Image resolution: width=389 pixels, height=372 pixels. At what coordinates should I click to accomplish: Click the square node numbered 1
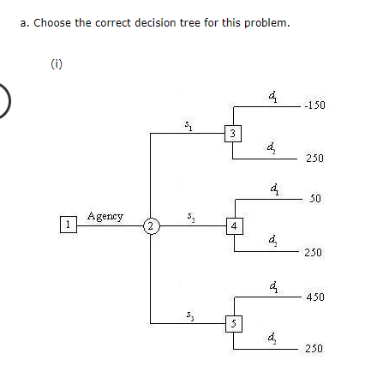pyautogui.click(x=65, y=225)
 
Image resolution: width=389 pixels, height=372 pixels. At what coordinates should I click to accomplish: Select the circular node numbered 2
pyautogui.click(x=150, y=226)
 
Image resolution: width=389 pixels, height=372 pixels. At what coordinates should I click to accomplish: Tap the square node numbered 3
pyautogui.click(x=231, y=132)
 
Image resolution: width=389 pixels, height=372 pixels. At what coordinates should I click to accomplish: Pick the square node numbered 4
pyautogui.click(x=233, y=226)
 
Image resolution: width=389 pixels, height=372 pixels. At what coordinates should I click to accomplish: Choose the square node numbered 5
pyautogui.click(x=231, y=322)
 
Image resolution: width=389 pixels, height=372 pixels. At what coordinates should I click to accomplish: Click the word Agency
pyautogui.click(x=105, y=216)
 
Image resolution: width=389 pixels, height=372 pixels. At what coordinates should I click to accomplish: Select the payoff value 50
pyautogui.click(x=315, y=199)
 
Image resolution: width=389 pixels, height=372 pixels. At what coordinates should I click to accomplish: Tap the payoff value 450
pyautogui.click(x=314, y=297)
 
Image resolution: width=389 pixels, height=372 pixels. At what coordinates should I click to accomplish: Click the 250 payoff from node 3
pyautogui.click(x=314, y=159)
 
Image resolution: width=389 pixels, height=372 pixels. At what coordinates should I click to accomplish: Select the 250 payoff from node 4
pyautogui.click(x=314, y=254)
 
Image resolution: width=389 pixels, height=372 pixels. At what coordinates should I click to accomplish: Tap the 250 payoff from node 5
pyautogui.click(x=314, y=349)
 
